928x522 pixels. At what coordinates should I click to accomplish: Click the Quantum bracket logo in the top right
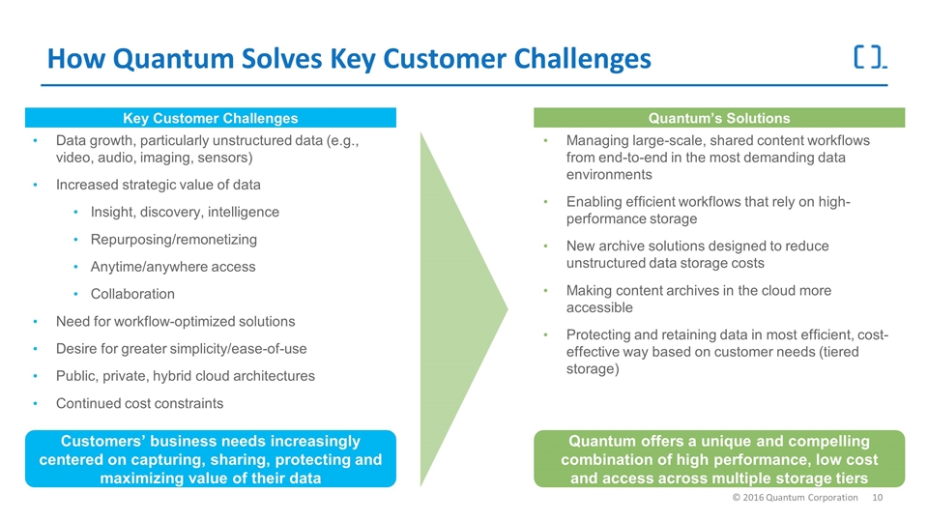tap(870, 57)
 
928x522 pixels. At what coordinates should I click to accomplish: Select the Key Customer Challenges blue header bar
tap(210, 118)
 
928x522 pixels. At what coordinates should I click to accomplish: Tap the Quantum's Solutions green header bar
tap(719, 118)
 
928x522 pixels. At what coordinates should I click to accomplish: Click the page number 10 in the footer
tap(879, 497)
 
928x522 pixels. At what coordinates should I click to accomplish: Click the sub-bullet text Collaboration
tap(132, 294)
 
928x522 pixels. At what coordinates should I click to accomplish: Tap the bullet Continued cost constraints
tap(139, 403)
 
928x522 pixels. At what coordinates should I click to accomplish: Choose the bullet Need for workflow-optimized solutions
tap(176, 321)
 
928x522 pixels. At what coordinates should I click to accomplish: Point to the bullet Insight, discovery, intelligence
tap(185, 212)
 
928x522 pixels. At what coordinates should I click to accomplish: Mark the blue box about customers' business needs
tap(210, 458)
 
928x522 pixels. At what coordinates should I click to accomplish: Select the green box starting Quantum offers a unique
tap(719, 458)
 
